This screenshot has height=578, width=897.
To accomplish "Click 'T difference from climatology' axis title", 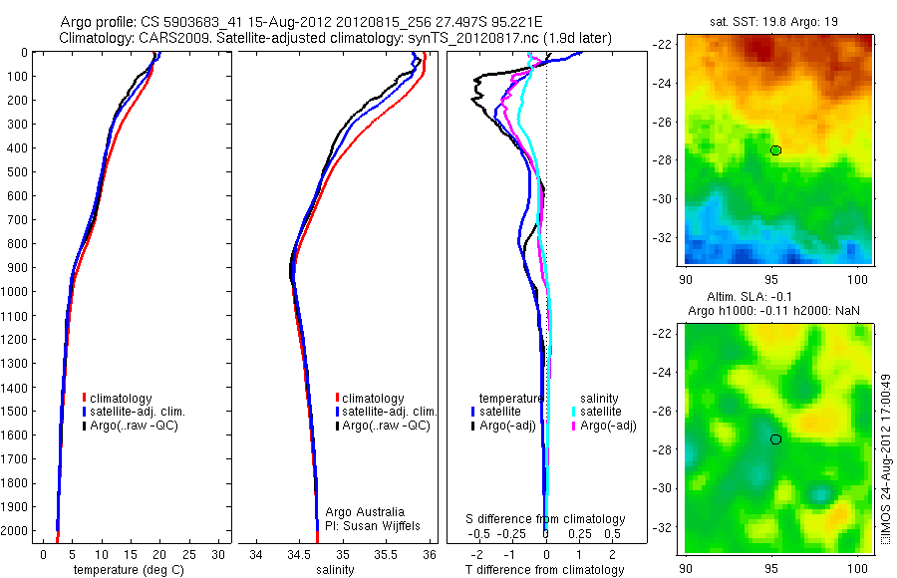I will (544, 570).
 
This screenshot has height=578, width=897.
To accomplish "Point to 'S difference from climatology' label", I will (546, 519).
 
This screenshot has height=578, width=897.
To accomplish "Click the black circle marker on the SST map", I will (775, 149).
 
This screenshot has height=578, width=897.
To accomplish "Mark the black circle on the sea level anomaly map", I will (775, 438).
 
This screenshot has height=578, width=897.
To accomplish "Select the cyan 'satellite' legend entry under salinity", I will (601, 412).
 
